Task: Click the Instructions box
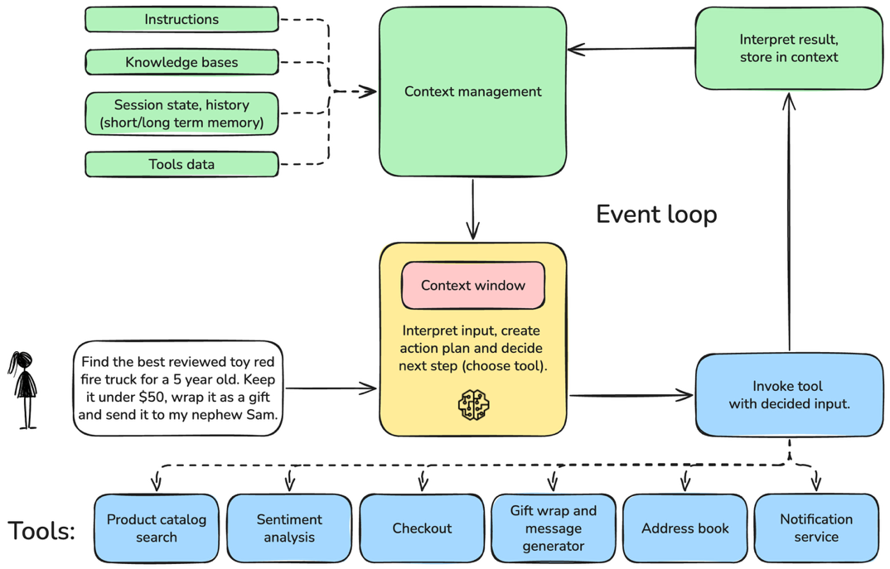[181, 19]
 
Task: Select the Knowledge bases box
[181, 62]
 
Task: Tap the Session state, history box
[181, 113]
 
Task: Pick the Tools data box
[181, 164]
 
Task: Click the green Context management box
[472, 92]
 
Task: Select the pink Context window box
[472, 285]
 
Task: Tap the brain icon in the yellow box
[473, 405]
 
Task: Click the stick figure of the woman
[25, 389]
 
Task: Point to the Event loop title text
[656, 215]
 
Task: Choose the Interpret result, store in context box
[788, 48]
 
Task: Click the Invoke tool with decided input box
[788, 395]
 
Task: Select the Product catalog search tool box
[156, 528]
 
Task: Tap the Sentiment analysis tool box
[289, 528]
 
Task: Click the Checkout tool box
[422, 528]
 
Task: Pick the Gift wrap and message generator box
[553, 528]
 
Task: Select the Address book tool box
[685, 528]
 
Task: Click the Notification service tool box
[815, 528]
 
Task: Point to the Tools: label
[41, 530]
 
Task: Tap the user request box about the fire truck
[177, 388]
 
